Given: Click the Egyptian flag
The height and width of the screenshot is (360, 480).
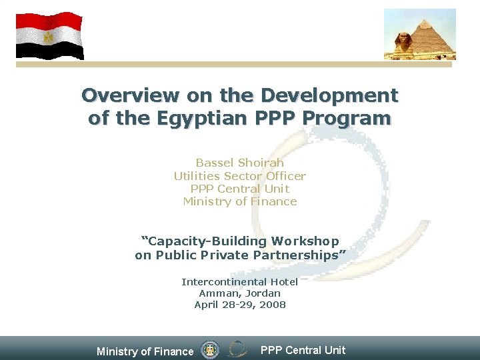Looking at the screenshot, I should click(49, 35).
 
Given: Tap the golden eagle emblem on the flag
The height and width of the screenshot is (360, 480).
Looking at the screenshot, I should click(48, 37).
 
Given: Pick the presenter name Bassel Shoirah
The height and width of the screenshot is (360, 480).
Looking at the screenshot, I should click(239, 163).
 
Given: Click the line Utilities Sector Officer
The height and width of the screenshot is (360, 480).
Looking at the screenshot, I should click(239, 176).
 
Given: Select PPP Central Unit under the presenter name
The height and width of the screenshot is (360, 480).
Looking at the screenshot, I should click(239, 189).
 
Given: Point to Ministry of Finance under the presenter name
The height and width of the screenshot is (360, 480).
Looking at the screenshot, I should click(239, 201).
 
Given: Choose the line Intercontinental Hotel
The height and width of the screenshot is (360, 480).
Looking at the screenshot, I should click(239, 282).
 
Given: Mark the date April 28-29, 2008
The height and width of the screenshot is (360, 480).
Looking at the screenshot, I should click(239, 305).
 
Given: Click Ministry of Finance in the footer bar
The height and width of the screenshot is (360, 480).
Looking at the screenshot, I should click(145, 351).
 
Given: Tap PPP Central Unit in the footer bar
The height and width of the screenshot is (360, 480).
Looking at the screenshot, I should click(303, 350).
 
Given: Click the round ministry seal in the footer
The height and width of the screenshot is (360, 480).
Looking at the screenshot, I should click(210, 349).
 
